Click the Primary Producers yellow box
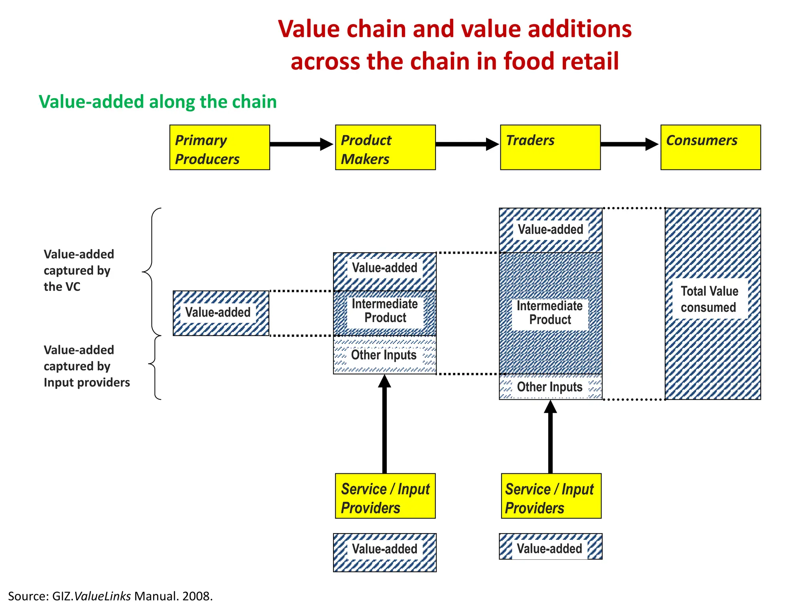[220, 148]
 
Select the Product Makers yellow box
[385, 148]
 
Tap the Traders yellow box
[550, 148]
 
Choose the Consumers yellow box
[710, 148]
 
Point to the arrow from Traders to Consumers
[629, 144]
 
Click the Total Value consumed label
[710, 299]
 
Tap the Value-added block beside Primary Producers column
[221, 313]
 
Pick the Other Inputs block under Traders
[550, 387]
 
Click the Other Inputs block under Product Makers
[384, 355]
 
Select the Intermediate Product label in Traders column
[550, 313]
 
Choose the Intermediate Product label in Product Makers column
[385, 311]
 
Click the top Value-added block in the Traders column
[550, 230]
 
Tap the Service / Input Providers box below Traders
[551, 496]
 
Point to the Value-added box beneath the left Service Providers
[384, 552]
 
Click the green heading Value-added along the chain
[157, 102]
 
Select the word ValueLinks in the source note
[102, 596]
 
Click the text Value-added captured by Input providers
[87, 366]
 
